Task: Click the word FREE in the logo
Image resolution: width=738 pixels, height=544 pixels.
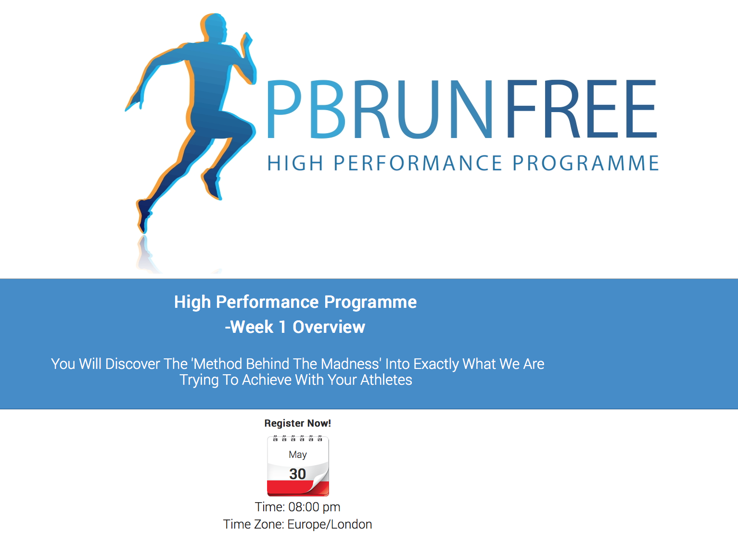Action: pos(582,109)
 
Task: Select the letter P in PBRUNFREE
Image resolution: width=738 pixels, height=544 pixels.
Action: pos(284,109)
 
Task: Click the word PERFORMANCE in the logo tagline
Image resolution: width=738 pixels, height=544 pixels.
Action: pos(418,163)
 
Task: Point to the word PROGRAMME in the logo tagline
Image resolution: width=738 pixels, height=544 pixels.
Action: pos(586,163)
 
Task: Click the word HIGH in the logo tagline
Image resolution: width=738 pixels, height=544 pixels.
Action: pos(295,163)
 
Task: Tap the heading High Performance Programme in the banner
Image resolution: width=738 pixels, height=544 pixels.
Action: pos(295,302)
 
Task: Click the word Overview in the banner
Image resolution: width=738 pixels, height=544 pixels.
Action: pos(329,327)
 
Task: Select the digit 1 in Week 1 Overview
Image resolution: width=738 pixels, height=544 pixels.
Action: pos(282,327)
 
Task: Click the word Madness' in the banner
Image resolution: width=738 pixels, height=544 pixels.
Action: pos(351,364)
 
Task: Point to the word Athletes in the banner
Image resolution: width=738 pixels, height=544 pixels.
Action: pos(386,380)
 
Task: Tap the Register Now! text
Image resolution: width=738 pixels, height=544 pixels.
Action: pos(297,423)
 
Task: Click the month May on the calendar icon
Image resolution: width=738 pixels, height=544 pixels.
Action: pos(298,455)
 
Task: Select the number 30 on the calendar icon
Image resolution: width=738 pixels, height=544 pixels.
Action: pos(297,474)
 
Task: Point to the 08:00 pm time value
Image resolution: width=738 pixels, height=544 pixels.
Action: pos(314,507)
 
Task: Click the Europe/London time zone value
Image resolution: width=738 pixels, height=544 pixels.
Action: pos(330,524)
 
